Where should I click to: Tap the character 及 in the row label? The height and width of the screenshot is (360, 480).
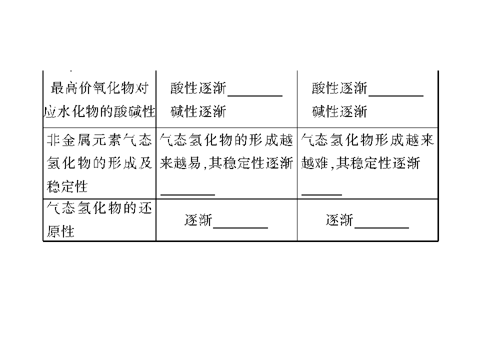pyautogui.click(x=145, y=163)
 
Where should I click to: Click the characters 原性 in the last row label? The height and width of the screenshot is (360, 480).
pyautogui.click(x=60, y=231)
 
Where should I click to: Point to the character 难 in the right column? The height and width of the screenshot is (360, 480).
pyautogui.click(x=321, y=163)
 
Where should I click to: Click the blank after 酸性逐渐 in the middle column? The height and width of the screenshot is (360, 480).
pyautogui.click(x=255, y=96)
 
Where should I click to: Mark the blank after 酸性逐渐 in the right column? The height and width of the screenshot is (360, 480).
pyautogui.click(x=396, y=96)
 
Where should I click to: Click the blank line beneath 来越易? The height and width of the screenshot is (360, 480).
pyautogui.click(x=187, y=194)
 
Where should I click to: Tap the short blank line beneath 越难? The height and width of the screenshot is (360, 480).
pyautogui.click(x=321, y=194)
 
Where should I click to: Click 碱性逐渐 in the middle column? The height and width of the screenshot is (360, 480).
pyautogui.click(x=198, y=111)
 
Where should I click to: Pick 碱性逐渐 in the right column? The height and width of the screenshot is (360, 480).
pyautogui.click(x=339, y=111)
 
